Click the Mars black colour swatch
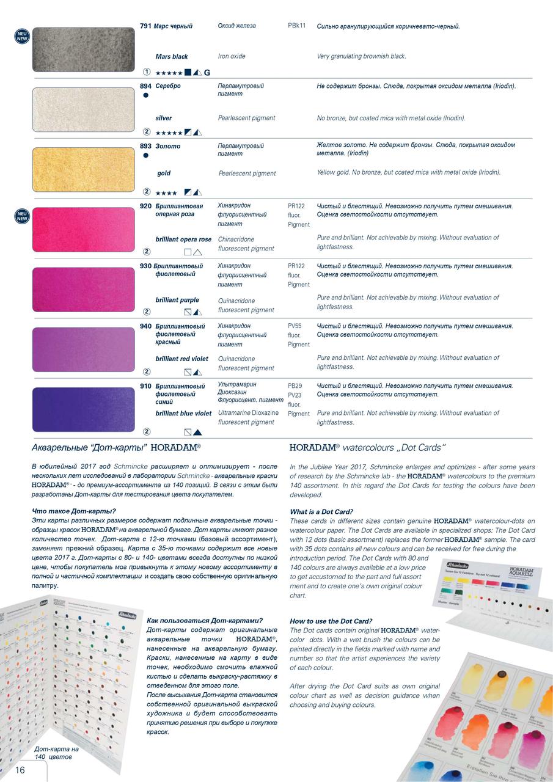click(x=83, y=49)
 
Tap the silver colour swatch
click(x=83, y=109)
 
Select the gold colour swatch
click(x=83, y=169)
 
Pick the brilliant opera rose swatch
click(x=83, y=229)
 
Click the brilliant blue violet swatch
click(x=83, y=409)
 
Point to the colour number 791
click(x=145, y=26)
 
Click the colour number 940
click(x=145, y=326)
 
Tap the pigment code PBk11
click(x=297, y=26)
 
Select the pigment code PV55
click(x=295, y=326)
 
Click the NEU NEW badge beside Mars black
click(x=22, y=36)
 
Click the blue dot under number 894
click(x=145, y=95)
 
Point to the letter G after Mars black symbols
click(x=207, y=73)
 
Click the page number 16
click(x=20, y=770)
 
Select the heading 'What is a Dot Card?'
click(x=321, y=512)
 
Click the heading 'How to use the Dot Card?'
click(x=331, y=621)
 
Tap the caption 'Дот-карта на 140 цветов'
click(x=56, y=753)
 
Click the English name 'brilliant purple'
click(x=177, y=300)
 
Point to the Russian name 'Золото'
click(x=168, y=146)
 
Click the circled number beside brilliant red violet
click(x=147, y=371)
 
